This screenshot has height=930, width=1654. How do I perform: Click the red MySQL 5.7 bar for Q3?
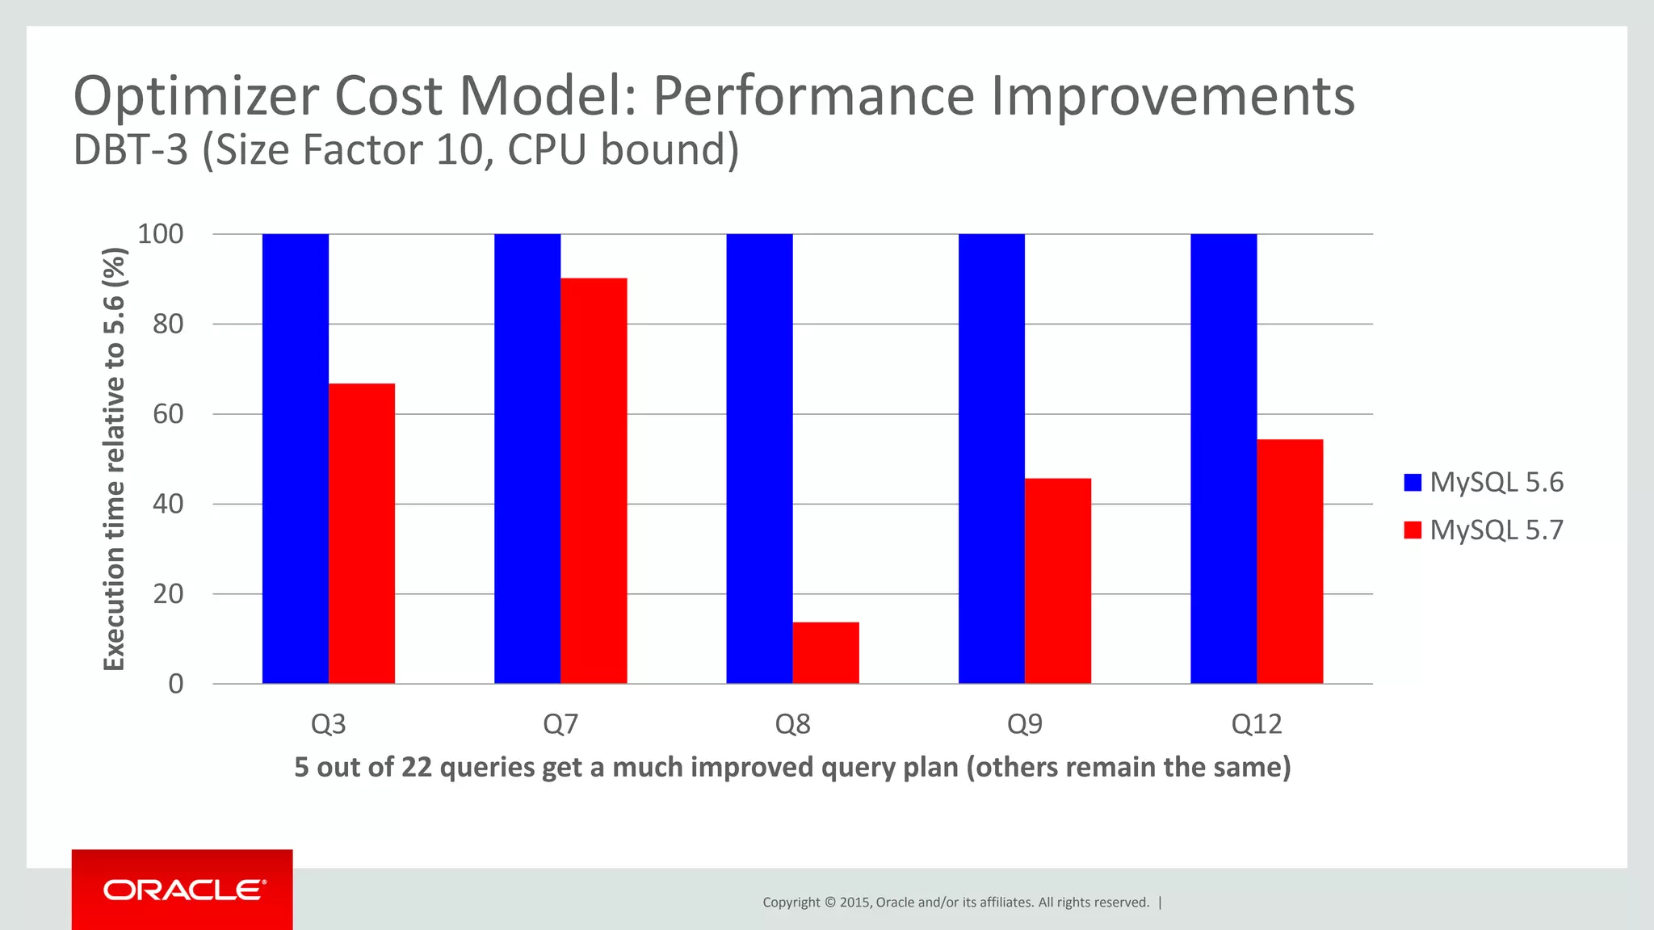point(362,533)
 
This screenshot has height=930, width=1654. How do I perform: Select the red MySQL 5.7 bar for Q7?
point(594,480)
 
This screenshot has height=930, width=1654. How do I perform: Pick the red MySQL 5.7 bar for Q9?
point(1058,581)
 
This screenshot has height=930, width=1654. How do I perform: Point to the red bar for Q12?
point(1290,561)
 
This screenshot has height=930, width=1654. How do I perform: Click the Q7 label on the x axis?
point(560,724)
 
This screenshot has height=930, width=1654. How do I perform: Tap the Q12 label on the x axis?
point(1257,724)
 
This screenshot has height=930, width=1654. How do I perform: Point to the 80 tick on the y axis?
point(168,324)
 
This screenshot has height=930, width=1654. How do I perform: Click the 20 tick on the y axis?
point(168,594)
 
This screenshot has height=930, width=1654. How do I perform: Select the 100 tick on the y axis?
point(161,234)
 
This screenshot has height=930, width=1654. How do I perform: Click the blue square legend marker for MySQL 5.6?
point(1413,483)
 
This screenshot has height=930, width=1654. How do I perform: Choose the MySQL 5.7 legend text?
point(1497,530)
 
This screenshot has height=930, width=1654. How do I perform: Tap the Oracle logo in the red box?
point(183,890)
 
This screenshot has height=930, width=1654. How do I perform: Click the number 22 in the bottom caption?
point(417,767)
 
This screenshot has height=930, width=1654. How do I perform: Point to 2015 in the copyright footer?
point(854,903)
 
